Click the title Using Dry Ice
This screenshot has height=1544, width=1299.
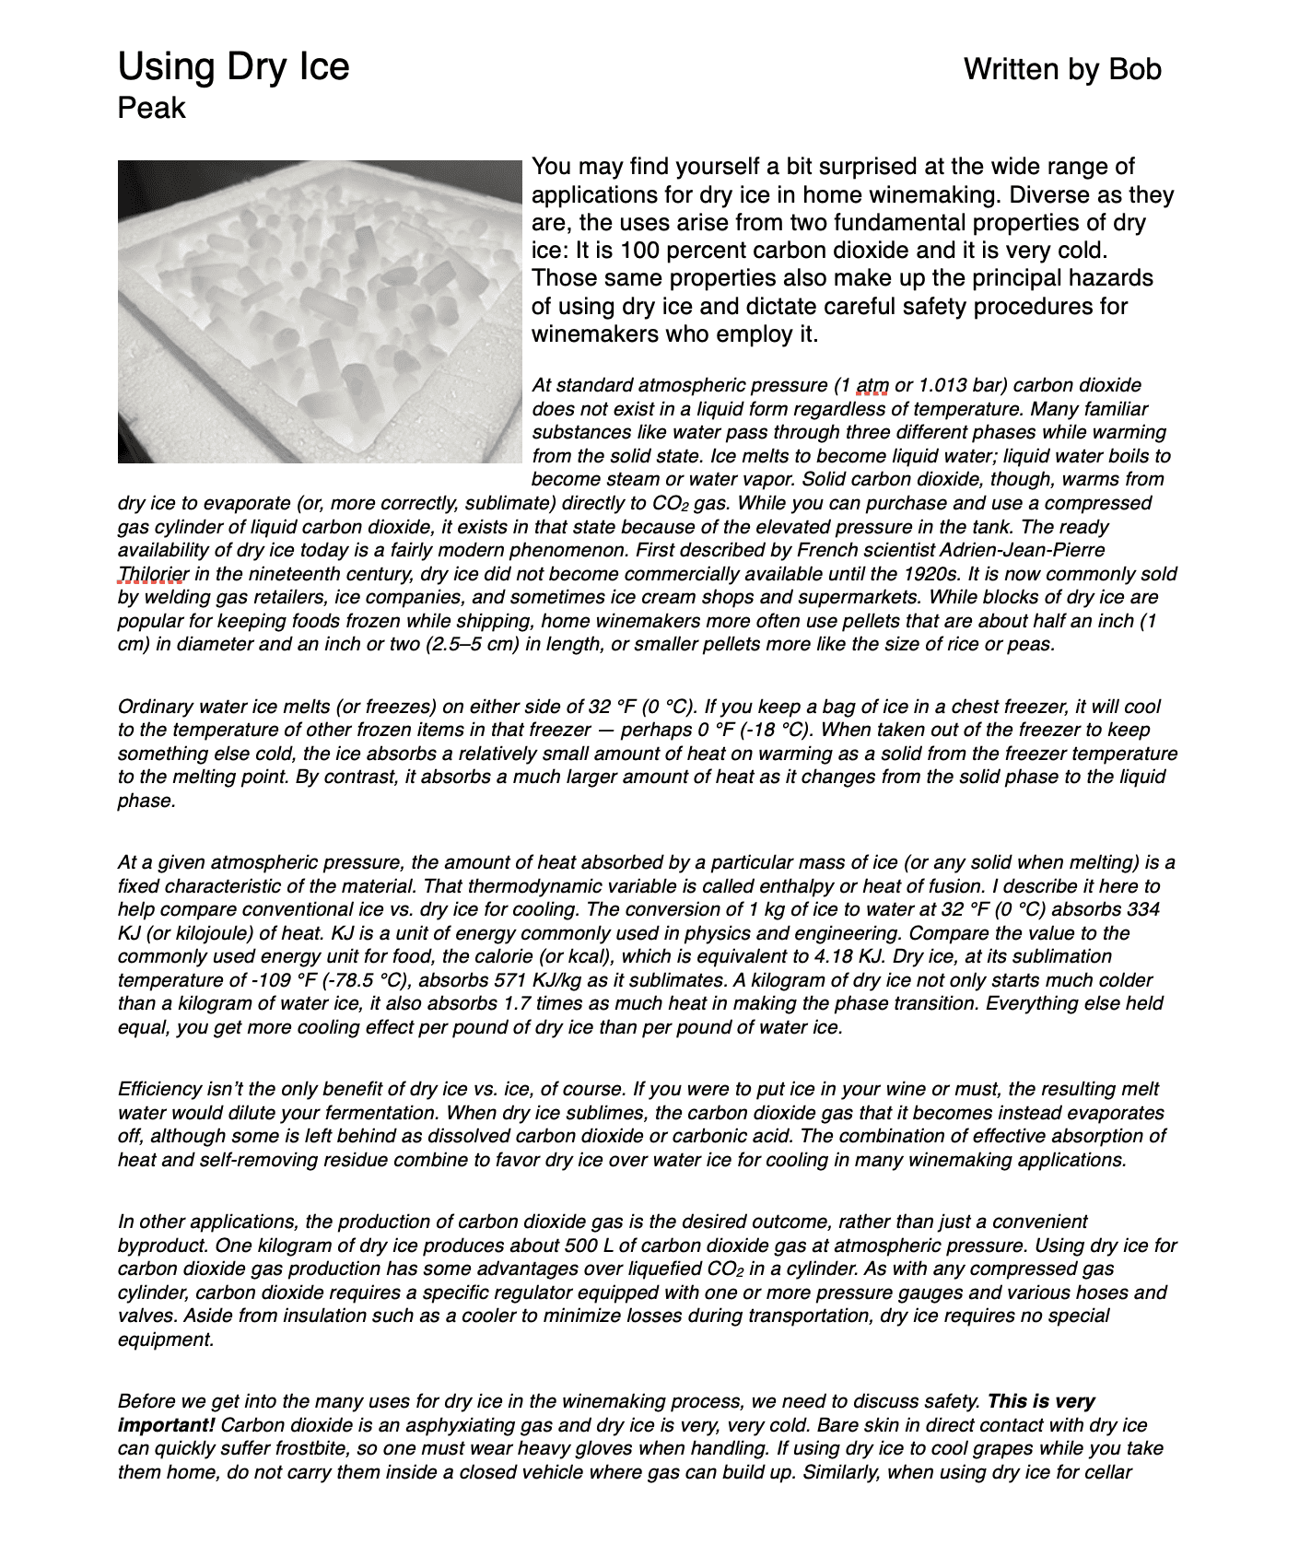tap(233, 67)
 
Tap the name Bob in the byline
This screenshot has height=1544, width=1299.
tap(1134, 69)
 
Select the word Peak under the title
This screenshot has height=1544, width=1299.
tap(151, 108)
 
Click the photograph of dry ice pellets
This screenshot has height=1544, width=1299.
tap(320, 311)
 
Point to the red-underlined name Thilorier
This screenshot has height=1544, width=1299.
tap(153, 574)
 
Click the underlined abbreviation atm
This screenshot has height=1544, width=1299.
tap(872, 385)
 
